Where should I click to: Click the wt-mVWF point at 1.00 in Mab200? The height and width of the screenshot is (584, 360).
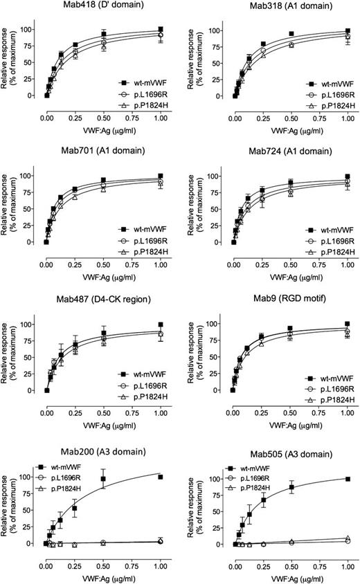tap(161, 477)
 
